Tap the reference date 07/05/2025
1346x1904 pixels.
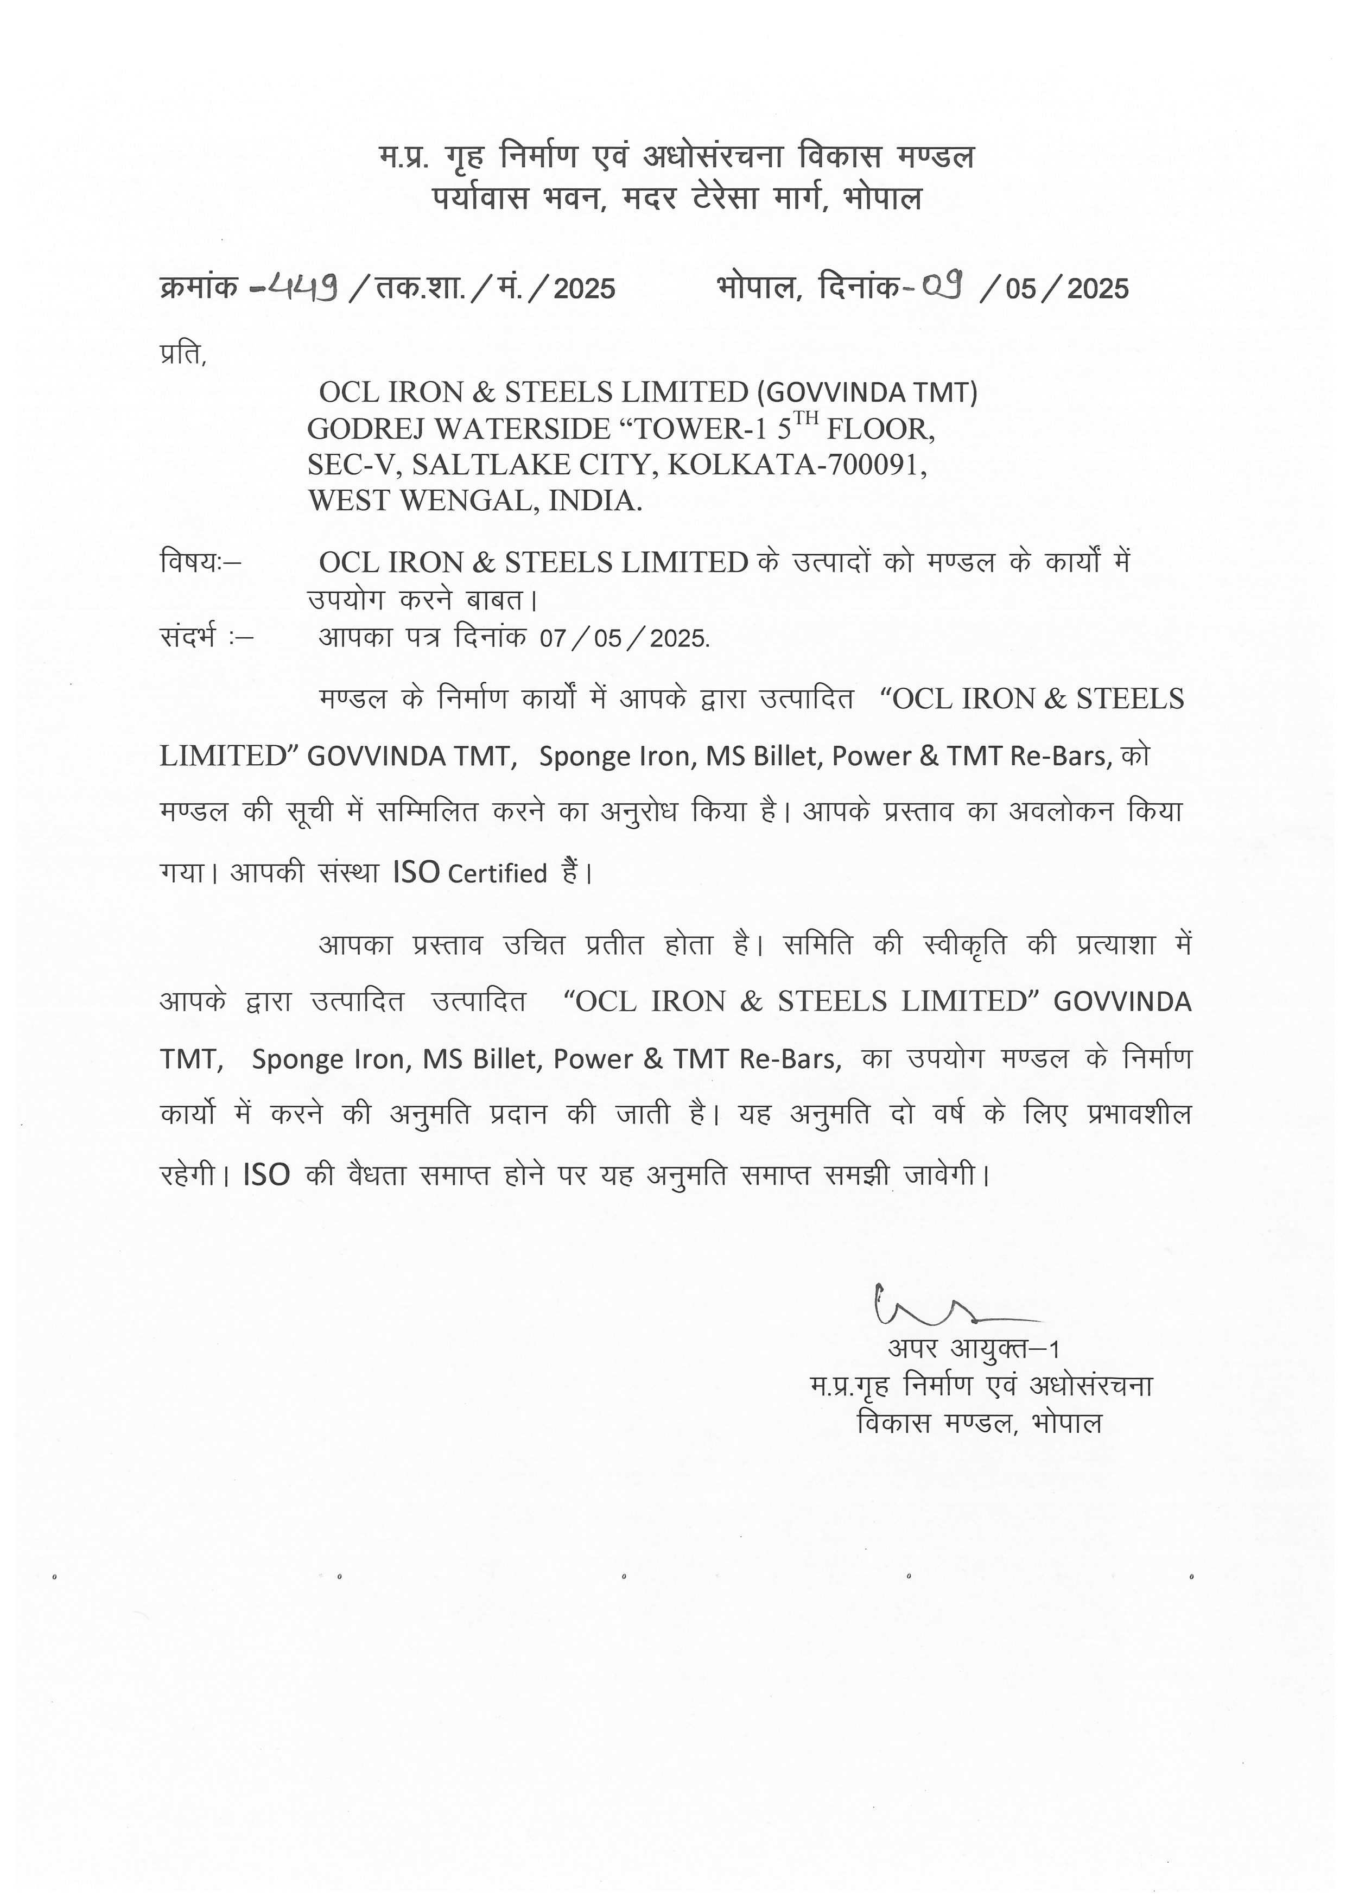tap(624, 638)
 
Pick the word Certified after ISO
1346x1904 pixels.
tap(498, 874)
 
